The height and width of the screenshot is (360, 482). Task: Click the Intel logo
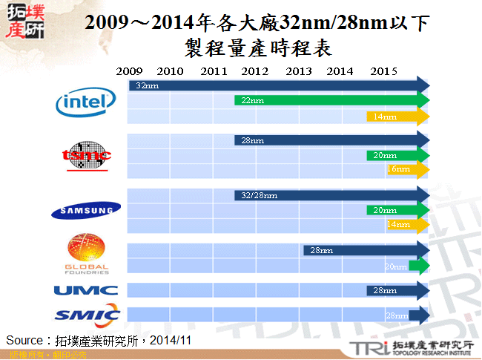pos(86,103)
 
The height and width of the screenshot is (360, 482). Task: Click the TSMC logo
pos(86,157)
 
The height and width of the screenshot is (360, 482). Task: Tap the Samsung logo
pos(85,212)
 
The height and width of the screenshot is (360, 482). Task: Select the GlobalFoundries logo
pos(87,255)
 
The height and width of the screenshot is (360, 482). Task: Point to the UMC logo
pos(85,290)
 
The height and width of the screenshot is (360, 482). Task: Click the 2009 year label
pos(129,71)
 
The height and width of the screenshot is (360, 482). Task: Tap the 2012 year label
pos(255,71)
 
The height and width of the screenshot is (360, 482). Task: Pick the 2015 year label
pos(383,71)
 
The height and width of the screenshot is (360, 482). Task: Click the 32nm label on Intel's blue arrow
pos(147,86)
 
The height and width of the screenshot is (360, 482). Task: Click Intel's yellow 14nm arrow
pos(398,117)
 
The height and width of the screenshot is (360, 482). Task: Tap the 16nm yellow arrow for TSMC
pos(407,169)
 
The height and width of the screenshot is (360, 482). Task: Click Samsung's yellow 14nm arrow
pos(407,224)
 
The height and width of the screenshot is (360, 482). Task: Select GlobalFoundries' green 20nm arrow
pos(407,266)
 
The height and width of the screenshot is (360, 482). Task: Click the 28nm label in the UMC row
pos(383,290)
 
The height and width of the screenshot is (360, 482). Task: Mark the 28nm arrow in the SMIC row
pos(407,315)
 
